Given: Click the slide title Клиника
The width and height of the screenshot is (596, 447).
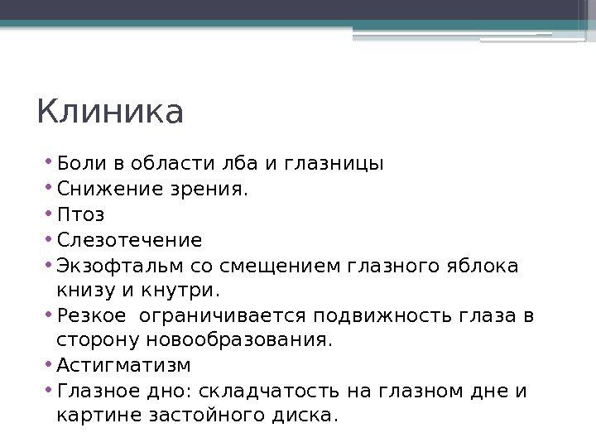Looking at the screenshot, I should click(x=109, y=113).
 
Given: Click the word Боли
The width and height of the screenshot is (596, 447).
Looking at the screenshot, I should click(x=75, y=163).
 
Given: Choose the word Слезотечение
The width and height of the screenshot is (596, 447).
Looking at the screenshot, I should click(x=128, y=241).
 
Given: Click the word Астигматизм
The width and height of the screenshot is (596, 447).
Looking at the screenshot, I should click(x=123, y=365).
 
